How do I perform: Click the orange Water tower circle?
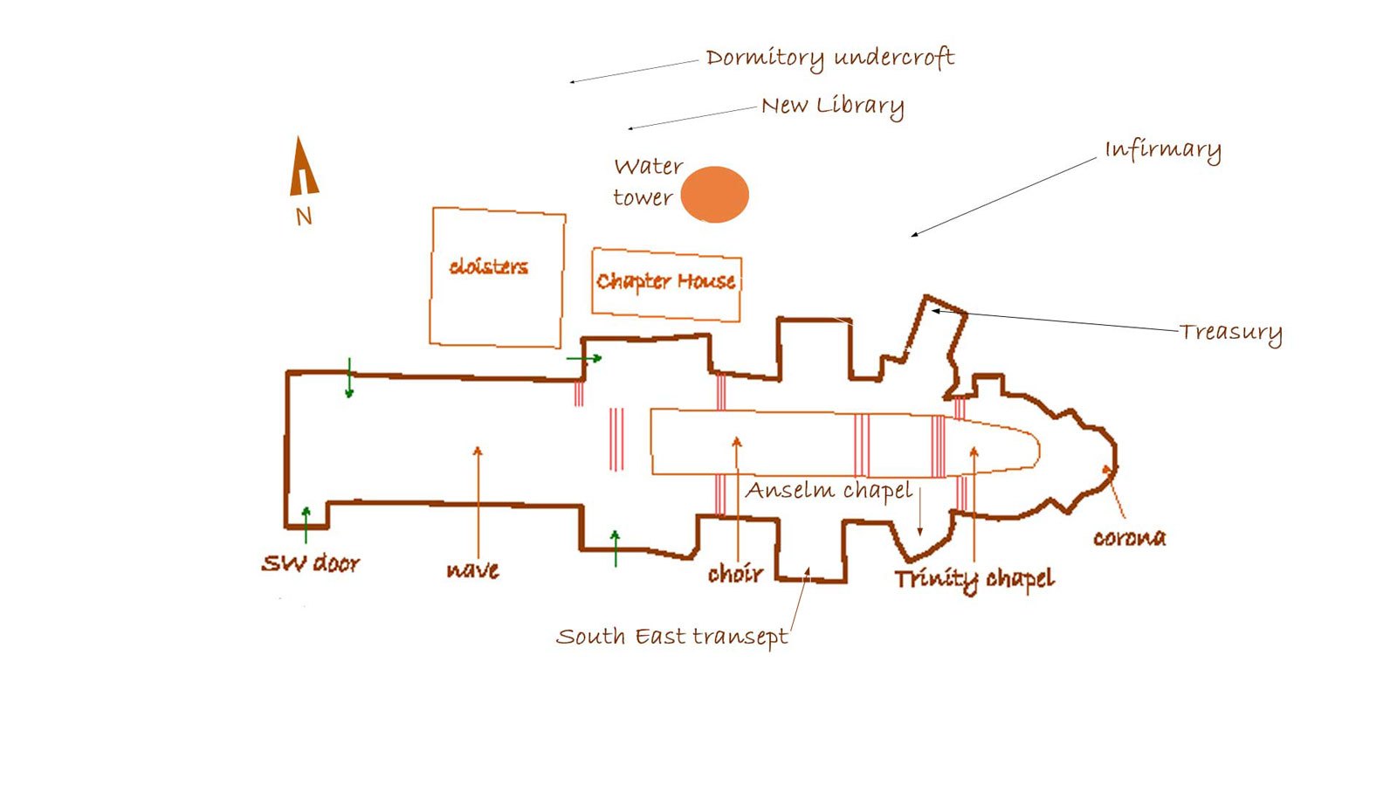point(714,195)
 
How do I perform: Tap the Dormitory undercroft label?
point(830,59)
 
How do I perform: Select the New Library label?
point(833,106)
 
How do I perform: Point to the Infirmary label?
point(1163,150)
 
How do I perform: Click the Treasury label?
point(1230,333)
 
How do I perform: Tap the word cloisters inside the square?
point(488,267)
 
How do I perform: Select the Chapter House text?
point(665,281)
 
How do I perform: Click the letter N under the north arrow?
point(304,217)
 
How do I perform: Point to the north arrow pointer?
point(304,166)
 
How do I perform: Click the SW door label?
point(311,563)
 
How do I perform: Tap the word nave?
point(472,570)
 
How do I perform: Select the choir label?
point(735,573)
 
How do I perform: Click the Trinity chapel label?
point(974,580)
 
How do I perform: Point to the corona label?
point(1130,538)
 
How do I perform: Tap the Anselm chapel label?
point(829,490)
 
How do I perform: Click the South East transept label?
point(671,638)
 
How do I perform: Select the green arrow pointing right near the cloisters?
point(584,358)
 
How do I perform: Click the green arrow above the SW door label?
point(306,525)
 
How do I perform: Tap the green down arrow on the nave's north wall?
point(349,378)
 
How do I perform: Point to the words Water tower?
point(648,183)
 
